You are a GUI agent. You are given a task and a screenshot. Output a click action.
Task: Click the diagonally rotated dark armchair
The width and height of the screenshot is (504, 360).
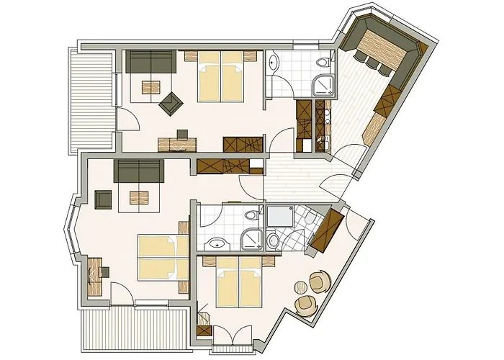click(x=171, y=104)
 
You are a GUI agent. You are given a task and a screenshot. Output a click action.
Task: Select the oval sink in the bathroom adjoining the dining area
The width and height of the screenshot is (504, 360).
click(x=274, y=64)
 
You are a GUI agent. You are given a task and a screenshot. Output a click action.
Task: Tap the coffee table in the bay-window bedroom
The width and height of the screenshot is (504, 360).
click(x=139, y=195)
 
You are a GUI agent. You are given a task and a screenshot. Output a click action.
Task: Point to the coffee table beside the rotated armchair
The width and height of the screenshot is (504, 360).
click(x=151, y=88)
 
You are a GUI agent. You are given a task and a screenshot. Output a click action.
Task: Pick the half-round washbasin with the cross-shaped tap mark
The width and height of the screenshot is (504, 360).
click(x=216, y=242)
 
